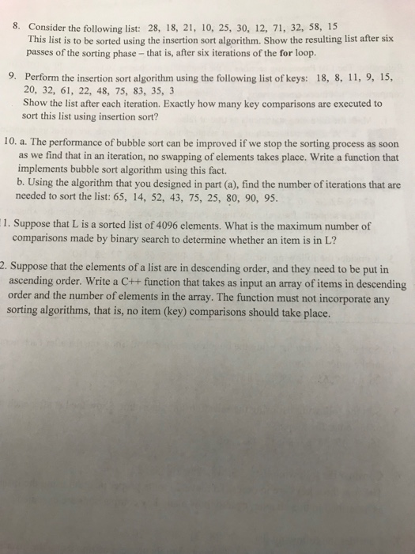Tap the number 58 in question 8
coord(318,27)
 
